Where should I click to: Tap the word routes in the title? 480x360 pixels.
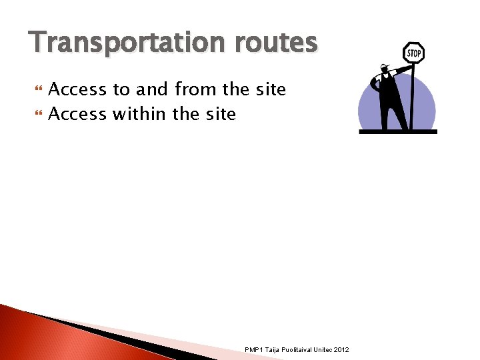[x=275, y=43]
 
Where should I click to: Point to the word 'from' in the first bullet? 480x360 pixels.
[x=197, y=89]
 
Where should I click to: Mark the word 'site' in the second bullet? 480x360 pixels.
[x=220, y=114]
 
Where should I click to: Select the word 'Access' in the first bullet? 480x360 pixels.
[x=77, y=89]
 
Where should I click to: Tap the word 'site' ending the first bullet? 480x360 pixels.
[x=269, y=89]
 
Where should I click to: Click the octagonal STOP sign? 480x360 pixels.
[x=413, y=53]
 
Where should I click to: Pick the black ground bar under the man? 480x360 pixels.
[x=397, y=132]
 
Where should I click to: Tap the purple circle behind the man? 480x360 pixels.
[x=371, y=107]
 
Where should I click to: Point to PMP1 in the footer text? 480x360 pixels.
[x=254, y=350]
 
